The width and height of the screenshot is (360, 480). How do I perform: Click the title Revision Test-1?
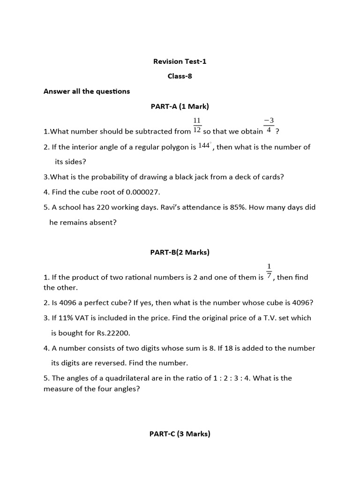(180, 61)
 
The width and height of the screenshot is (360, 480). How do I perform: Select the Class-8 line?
(180, 76)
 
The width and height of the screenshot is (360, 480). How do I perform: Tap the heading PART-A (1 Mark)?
(180, 106)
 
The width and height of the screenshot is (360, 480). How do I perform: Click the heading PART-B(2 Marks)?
(180, 252)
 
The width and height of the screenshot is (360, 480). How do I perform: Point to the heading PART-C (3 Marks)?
(180, 434)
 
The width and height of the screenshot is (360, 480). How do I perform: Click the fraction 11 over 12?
(197, 126)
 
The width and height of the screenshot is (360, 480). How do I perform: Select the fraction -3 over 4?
(269, 126)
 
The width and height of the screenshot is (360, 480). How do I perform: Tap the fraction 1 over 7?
(269, 271)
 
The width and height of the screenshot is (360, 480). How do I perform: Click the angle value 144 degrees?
(204, 146)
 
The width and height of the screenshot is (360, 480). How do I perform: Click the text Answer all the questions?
(87, 91)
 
